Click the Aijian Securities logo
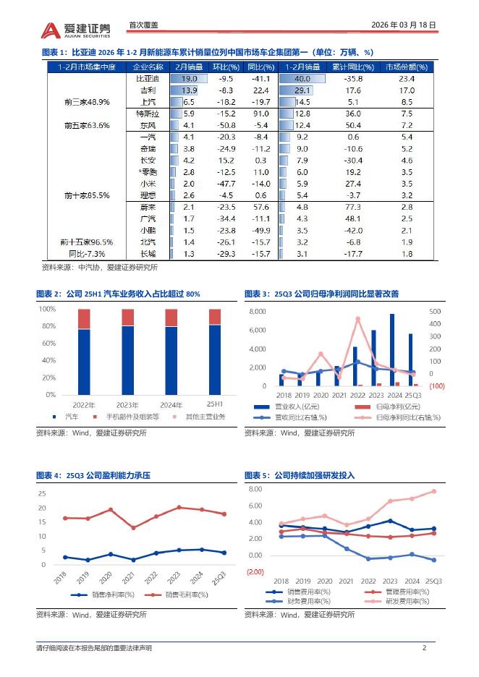76,29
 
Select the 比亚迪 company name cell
147,78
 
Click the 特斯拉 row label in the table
147,114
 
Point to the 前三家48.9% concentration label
87,102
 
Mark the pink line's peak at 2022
357,319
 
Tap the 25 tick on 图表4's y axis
42,493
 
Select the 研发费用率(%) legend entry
398,600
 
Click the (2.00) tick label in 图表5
255,571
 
